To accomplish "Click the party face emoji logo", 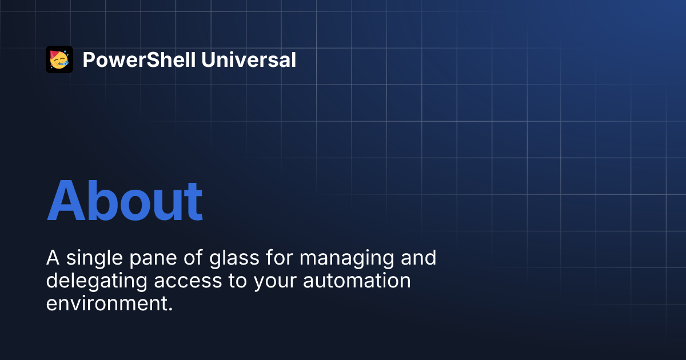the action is (x=59, y=59).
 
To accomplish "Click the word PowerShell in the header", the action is (x=139, y=59).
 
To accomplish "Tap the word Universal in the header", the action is (x=249, y=59).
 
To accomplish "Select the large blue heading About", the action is (x=125, y=201).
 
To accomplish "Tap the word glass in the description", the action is (x=234, y=258).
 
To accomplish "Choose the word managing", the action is (x=346, y=259).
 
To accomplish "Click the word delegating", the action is (x=97, y=281).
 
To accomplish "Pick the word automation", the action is (x=357, y=281).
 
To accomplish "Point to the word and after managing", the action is (x=418, y=258).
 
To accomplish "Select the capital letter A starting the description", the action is (x=53, y=258).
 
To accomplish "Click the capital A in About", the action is (x=66, y=201).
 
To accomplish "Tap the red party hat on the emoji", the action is (x=54, y=54).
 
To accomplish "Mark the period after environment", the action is (x=170, y=309).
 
